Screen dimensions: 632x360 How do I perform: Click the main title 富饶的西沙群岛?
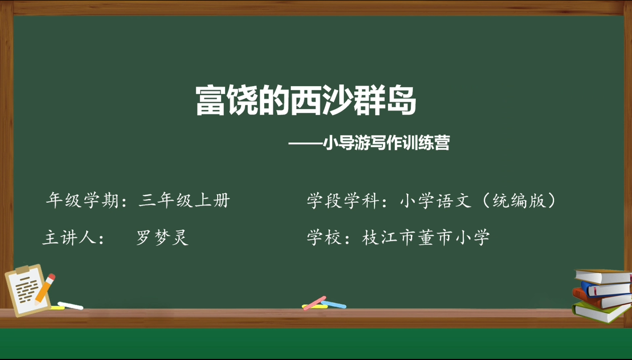coord(306,101)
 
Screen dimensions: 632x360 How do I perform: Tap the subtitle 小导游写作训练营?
coord(386,143)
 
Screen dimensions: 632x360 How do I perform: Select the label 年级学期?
coord(82,200)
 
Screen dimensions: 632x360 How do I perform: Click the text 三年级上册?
coord(184,200)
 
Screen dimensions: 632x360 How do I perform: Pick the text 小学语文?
coord(436,200)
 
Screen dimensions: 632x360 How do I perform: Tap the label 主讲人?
coord(68,237)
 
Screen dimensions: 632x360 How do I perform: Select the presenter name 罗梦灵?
coord(162,237)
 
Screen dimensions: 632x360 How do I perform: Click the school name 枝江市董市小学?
coord(426,237)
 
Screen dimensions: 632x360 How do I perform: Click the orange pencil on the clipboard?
coord(45,289)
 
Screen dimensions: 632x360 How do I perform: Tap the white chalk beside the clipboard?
coord(70,306)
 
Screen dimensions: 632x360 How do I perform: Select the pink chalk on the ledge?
coord(314,303)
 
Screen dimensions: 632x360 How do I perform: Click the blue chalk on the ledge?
coord(333,304)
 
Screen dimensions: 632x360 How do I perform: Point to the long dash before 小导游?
coord(306,143)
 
